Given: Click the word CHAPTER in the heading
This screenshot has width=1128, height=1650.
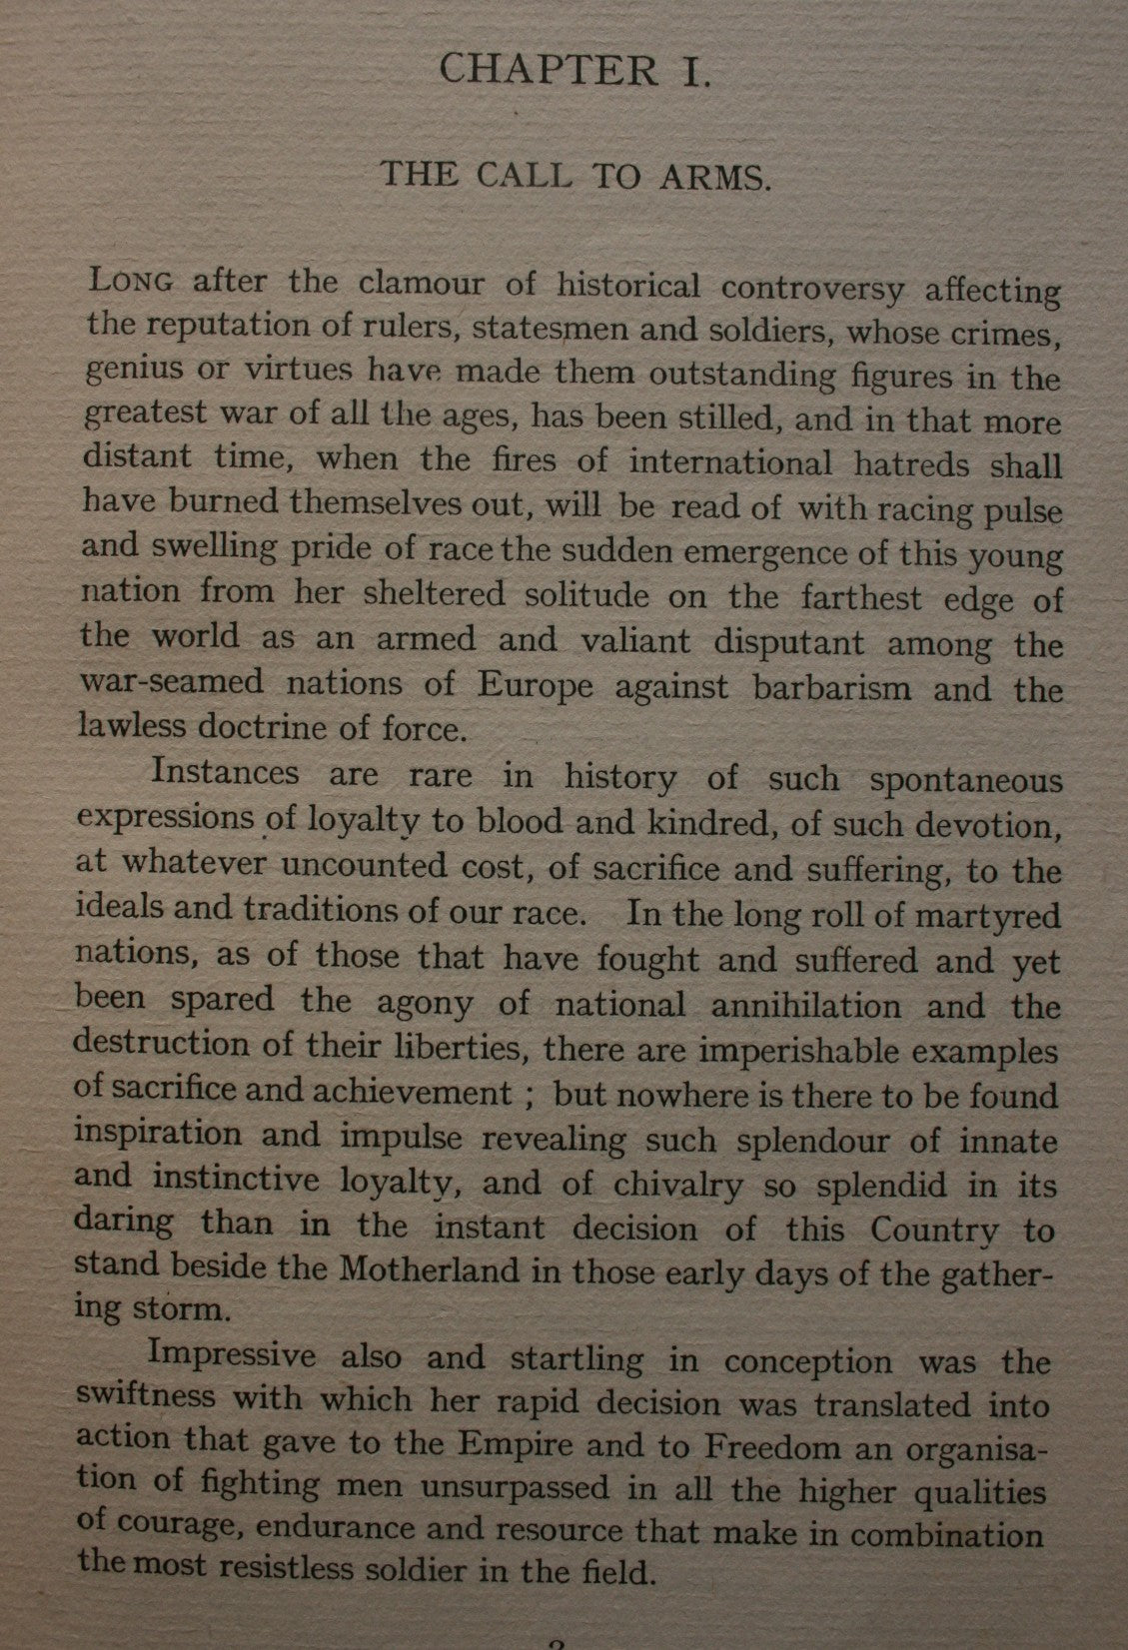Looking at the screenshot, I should click(x=549, y=71).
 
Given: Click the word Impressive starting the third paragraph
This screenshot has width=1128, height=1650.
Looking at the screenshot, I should click(x=232, y=1356).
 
